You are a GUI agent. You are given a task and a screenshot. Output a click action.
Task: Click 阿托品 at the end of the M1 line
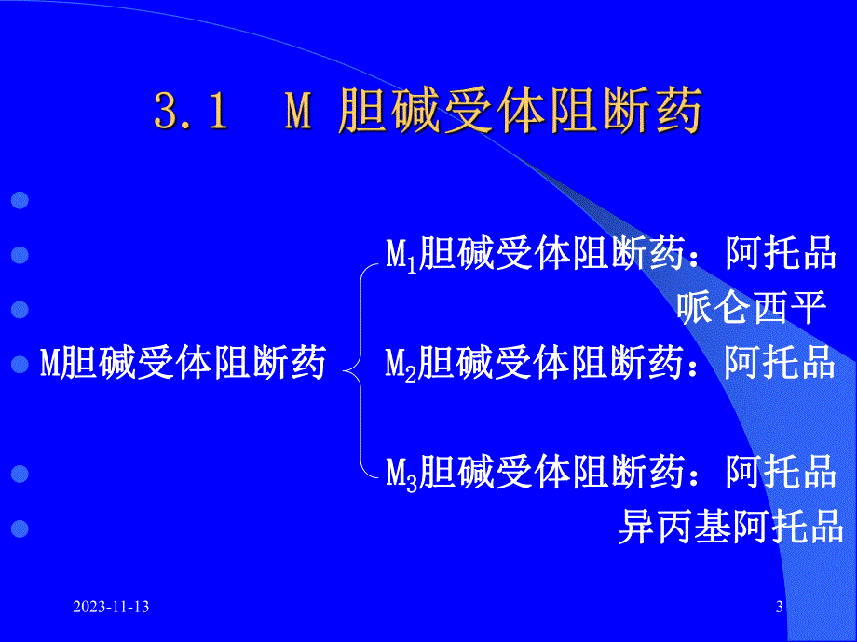pyautogui.click(x=780, y=253)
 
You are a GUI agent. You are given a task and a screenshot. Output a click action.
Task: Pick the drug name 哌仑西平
pyautogui.click(x=753, y=308)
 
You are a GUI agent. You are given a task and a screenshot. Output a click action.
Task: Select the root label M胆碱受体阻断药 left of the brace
pyautogui.click(x=183, y=363)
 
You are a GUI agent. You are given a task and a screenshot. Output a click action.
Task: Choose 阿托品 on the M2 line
pyautogui.click(x=780, y=363)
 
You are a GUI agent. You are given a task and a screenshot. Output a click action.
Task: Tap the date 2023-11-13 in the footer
pyautogui.click(x=112, y=608)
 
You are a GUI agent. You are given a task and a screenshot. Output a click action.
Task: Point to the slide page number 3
pyautogui.click(x=780, y=608)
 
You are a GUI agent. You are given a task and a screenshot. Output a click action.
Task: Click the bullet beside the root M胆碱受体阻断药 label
pyautogui.click(x=19, y=365)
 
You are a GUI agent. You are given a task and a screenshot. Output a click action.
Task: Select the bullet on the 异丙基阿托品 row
pyautogui.click(x=19, y=529)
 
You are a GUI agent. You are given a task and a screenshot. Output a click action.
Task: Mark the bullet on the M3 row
pyautogui.click(x=19, y=475)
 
